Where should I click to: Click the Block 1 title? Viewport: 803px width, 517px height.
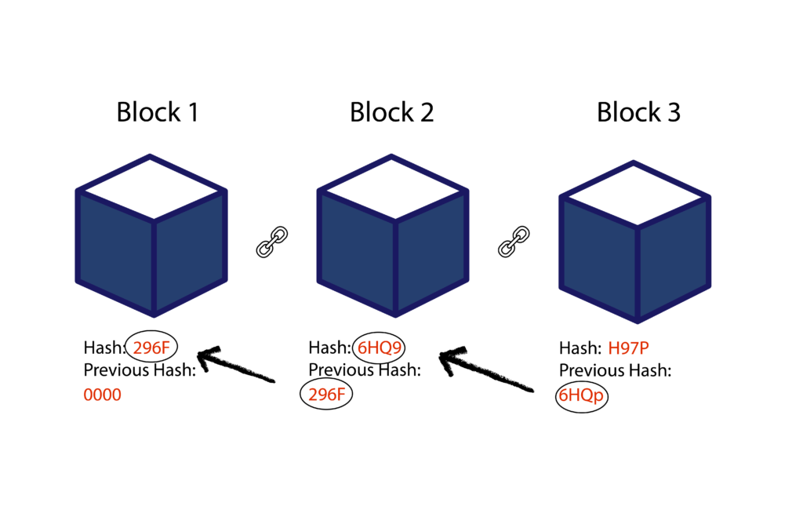point(157,112)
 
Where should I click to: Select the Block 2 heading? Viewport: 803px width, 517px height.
point(391,112)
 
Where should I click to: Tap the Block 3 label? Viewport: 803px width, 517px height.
point(638,112)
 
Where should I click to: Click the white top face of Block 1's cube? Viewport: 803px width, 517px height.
point(151,189)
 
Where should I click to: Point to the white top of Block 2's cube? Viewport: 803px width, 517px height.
point(393,189)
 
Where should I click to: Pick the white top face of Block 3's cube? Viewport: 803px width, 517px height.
point(634,196)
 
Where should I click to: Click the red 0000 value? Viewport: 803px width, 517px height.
point(103,395)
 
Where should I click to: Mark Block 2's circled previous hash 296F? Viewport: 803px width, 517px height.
point(326,395)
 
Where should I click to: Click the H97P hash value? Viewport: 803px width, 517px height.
point(630,348)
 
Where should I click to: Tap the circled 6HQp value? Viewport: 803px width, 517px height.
point(581,396)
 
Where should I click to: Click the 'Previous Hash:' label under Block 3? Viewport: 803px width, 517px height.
point(615,371)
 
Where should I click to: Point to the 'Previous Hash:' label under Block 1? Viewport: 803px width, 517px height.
point(139,370)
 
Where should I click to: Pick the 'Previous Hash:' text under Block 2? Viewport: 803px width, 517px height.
point(364,370)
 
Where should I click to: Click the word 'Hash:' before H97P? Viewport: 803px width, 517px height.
point(579,348)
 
